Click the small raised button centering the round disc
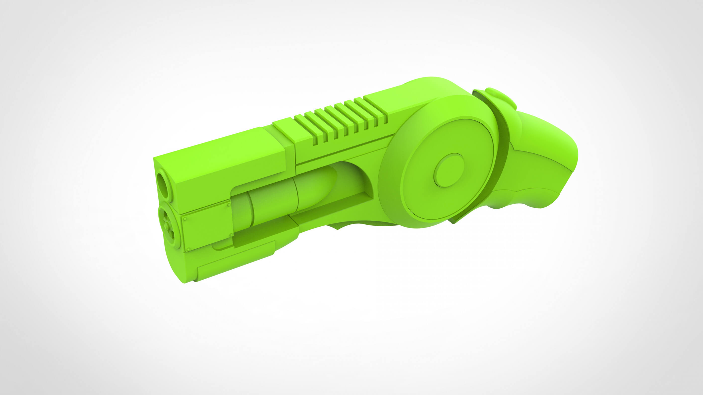point(449,170)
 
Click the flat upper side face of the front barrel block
point(218,164)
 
